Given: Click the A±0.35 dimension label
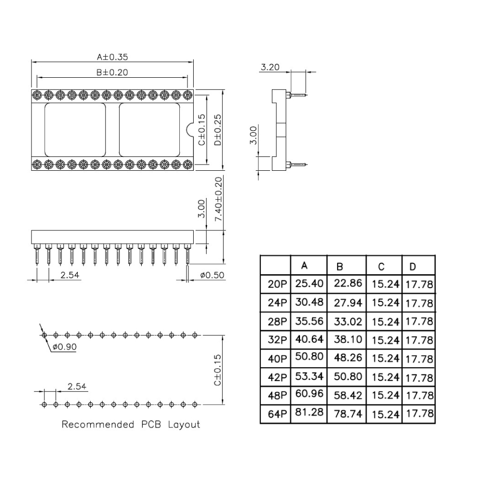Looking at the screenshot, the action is pos(112,57).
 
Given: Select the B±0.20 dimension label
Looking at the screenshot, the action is pos(112,73).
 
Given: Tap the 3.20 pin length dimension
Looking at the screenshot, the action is pos(270,67).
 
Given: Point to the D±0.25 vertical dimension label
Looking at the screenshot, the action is pos(218,130).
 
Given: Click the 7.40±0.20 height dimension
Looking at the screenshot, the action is pos(218,199).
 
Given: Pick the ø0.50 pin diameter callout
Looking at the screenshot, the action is pos(212,275).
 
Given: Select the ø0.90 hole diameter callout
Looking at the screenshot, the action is pos(64,346).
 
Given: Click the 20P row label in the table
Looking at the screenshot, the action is pos(277,284).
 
